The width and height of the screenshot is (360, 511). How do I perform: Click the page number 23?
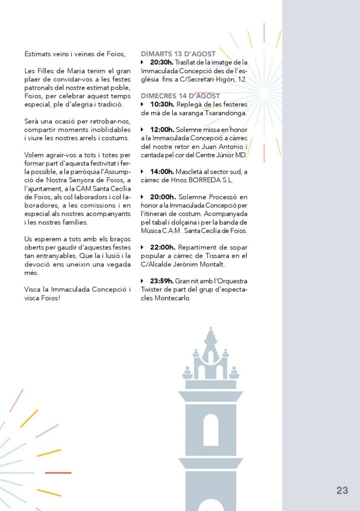pyautogui.click(x=342, y=491)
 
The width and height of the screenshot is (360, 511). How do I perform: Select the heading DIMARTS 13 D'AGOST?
pyautogui.click(x=178, y=54)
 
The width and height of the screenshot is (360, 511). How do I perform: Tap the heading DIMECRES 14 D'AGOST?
pyautogui.click(x=180, y=95)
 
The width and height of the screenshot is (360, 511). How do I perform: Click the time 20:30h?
pyautogui.click(x=161, y=62)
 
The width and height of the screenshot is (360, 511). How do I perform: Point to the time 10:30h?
pyautogui.click(x=161, y=104)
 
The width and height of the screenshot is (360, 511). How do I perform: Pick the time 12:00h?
pyautogui.click(x=161, y=129)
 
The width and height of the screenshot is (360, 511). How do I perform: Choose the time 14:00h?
pyautogui.click(x=161, y=171)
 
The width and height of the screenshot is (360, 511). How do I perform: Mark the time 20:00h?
pyautogui.click(x=161, y=197)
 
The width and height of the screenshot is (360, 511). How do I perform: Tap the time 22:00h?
pyautogui.click(x=161, y=247)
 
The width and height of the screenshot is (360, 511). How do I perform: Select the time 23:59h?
pyautogui.click(x=161, y=281)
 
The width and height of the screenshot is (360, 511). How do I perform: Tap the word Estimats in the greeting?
pyautogui.click(x=38, y=54)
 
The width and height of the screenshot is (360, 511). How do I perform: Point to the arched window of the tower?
pyautogui.click(x=211, y=430)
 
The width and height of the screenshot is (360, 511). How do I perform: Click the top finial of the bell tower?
pyautogui.click(x=211, y=330)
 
